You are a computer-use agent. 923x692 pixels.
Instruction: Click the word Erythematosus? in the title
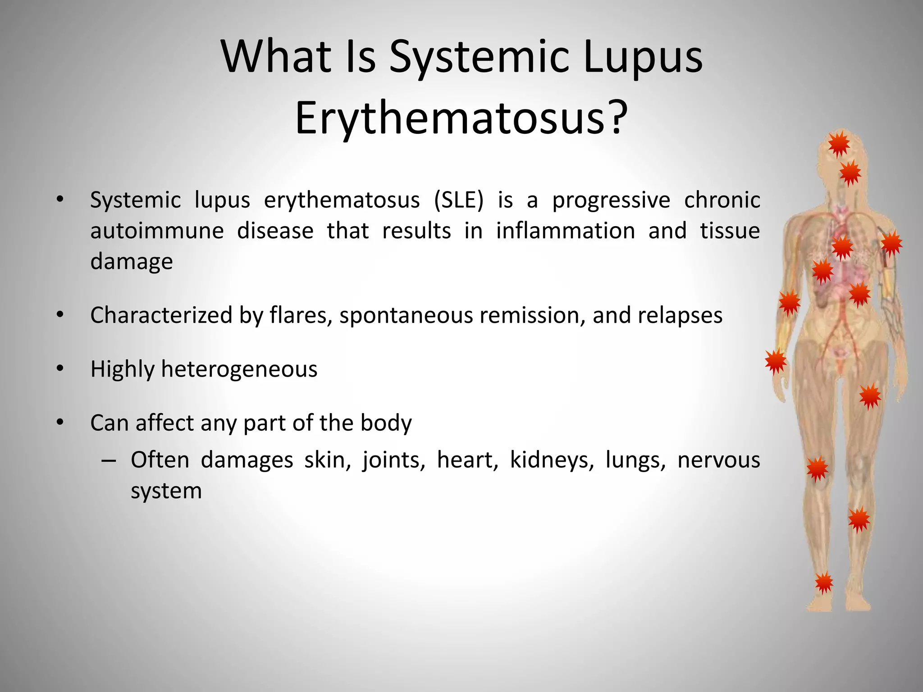coord(461,118)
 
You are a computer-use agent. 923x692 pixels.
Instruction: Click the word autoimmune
coord(157,231)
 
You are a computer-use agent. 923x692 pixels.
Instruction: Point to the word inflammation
coord(565,231)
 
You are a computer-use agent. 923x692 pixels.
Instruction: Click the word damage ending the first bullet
coord(131,261)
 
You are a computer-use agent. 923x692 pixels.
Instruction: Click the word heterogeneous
coord(239,369)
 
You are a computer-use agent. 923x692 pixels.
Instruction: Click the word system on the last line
coord(166,491)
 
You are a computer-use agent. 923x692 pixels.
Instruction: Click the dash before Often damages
coord(109,460)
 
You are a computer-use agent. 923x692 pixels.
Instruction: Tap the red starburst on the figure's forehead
coord(839,145)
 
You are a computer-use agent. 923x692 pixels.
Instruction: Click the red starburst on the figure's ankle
coord(824,583)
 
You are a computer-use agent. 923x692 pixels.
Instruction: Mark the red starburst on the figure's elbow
coord(790,302)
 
